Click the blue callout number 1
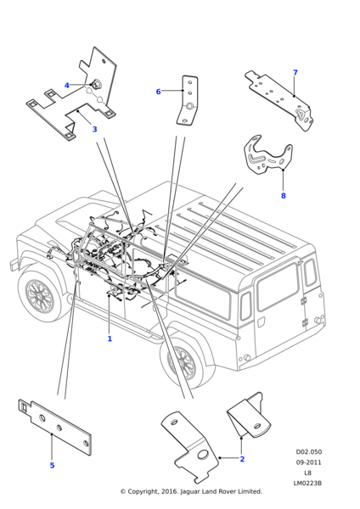tap(110, 338)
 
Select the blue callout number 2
tap(242, 459)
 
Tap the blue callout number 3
tap(94, 129)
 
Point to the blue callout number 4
tap(66, 86)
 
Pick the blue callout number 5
tap(52, 466)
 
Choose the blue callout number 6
tap(158, 92)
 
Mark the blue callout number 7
tap(295, 72)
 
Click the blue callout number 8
tap(284, 196)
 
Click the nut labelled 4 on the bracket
tap(96, 84)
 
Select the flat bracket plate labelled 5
tap(55, 427)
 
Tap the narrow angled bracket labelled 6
tap(188, 100)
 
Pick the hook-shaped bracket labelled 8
tap(267, 157)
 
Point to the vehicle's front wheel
tap(39, 295)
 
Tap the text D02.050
tap(308, 452)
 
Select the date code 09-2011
tap(308, 462)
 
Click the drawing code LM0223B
tap(307, 483)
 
